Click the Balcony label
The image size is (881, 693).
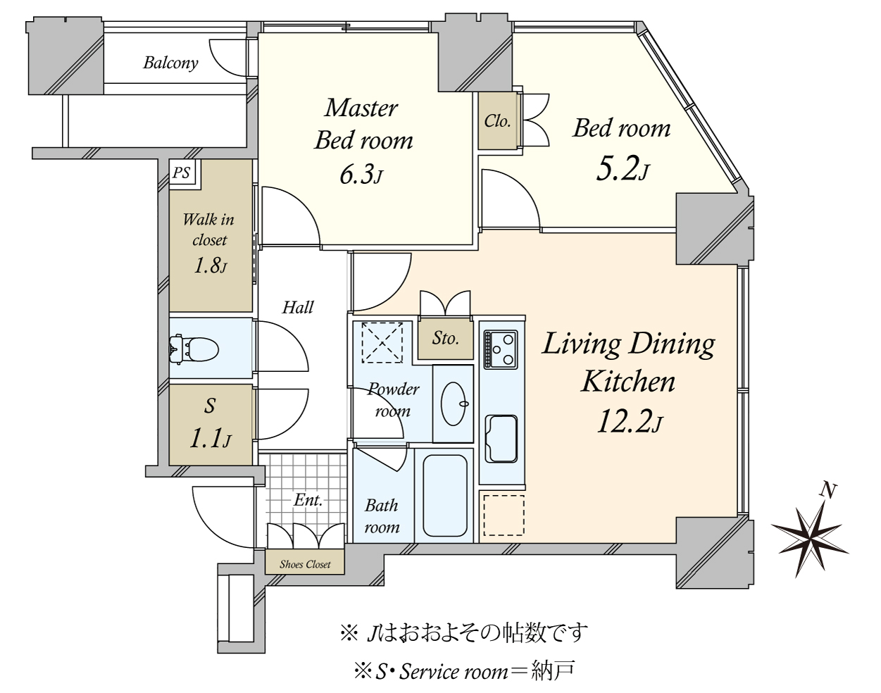point(170,63)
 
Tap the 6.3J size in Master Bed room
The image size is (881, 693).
point(361,174)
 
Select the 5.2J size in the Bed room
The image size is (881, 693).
point(621,169)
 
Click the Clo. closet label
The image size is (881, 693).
point(497,121)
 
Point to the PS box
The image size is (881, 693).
point(182,173)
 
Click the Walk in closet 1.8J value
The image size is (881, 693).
point(210,266)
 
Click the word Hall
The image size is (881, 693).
point(297,307)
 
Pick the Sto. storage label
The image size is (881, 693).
point(445,339)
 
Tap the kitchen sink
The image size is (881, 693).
point(501,438)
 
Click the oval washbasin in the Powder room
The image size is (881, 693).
point(452,404)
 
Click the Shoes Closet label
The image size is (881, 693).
point(305,564)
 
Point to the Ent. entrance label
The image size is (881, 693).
point(308,501)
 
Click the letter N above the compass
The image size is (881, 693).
point(830,491)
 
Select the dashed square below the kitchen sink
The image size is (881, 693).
point(503,515)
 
